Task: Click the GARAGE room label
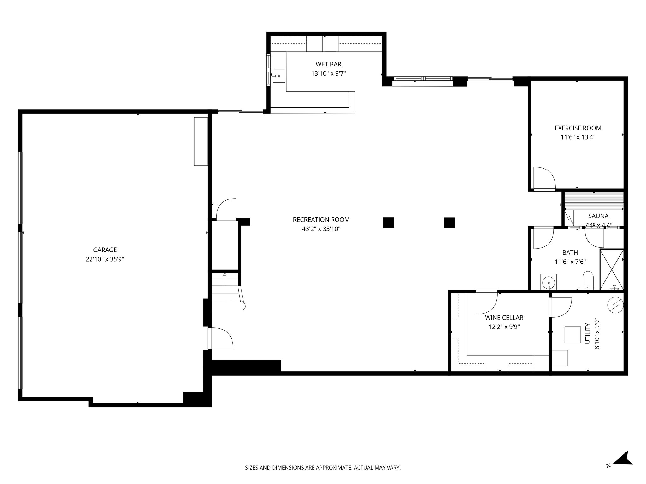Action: tap(105, 250)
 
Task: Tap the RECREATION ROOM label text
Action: tap(321, 220)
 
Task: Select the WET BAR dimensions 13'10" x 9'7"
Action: tap(328, 74)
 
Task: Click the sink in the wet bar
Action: tap(279, 76)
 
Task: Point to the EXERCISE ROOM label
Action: tap(578, 128)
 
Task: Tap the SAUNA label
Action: tap(598, 216)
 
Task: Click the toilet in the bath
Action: tap(588, 280)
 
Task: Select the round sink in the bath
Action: tap(549, 281)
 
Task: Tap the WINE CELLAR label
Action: tap(504, 318)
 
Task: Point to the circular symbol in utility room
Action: tap(615, 305)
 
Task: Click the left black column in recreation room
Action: tap(388, 223)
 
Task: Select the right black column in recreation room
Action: tap(449, 223)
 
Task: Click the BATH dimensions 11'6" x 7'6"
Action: tap(570, 262)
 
